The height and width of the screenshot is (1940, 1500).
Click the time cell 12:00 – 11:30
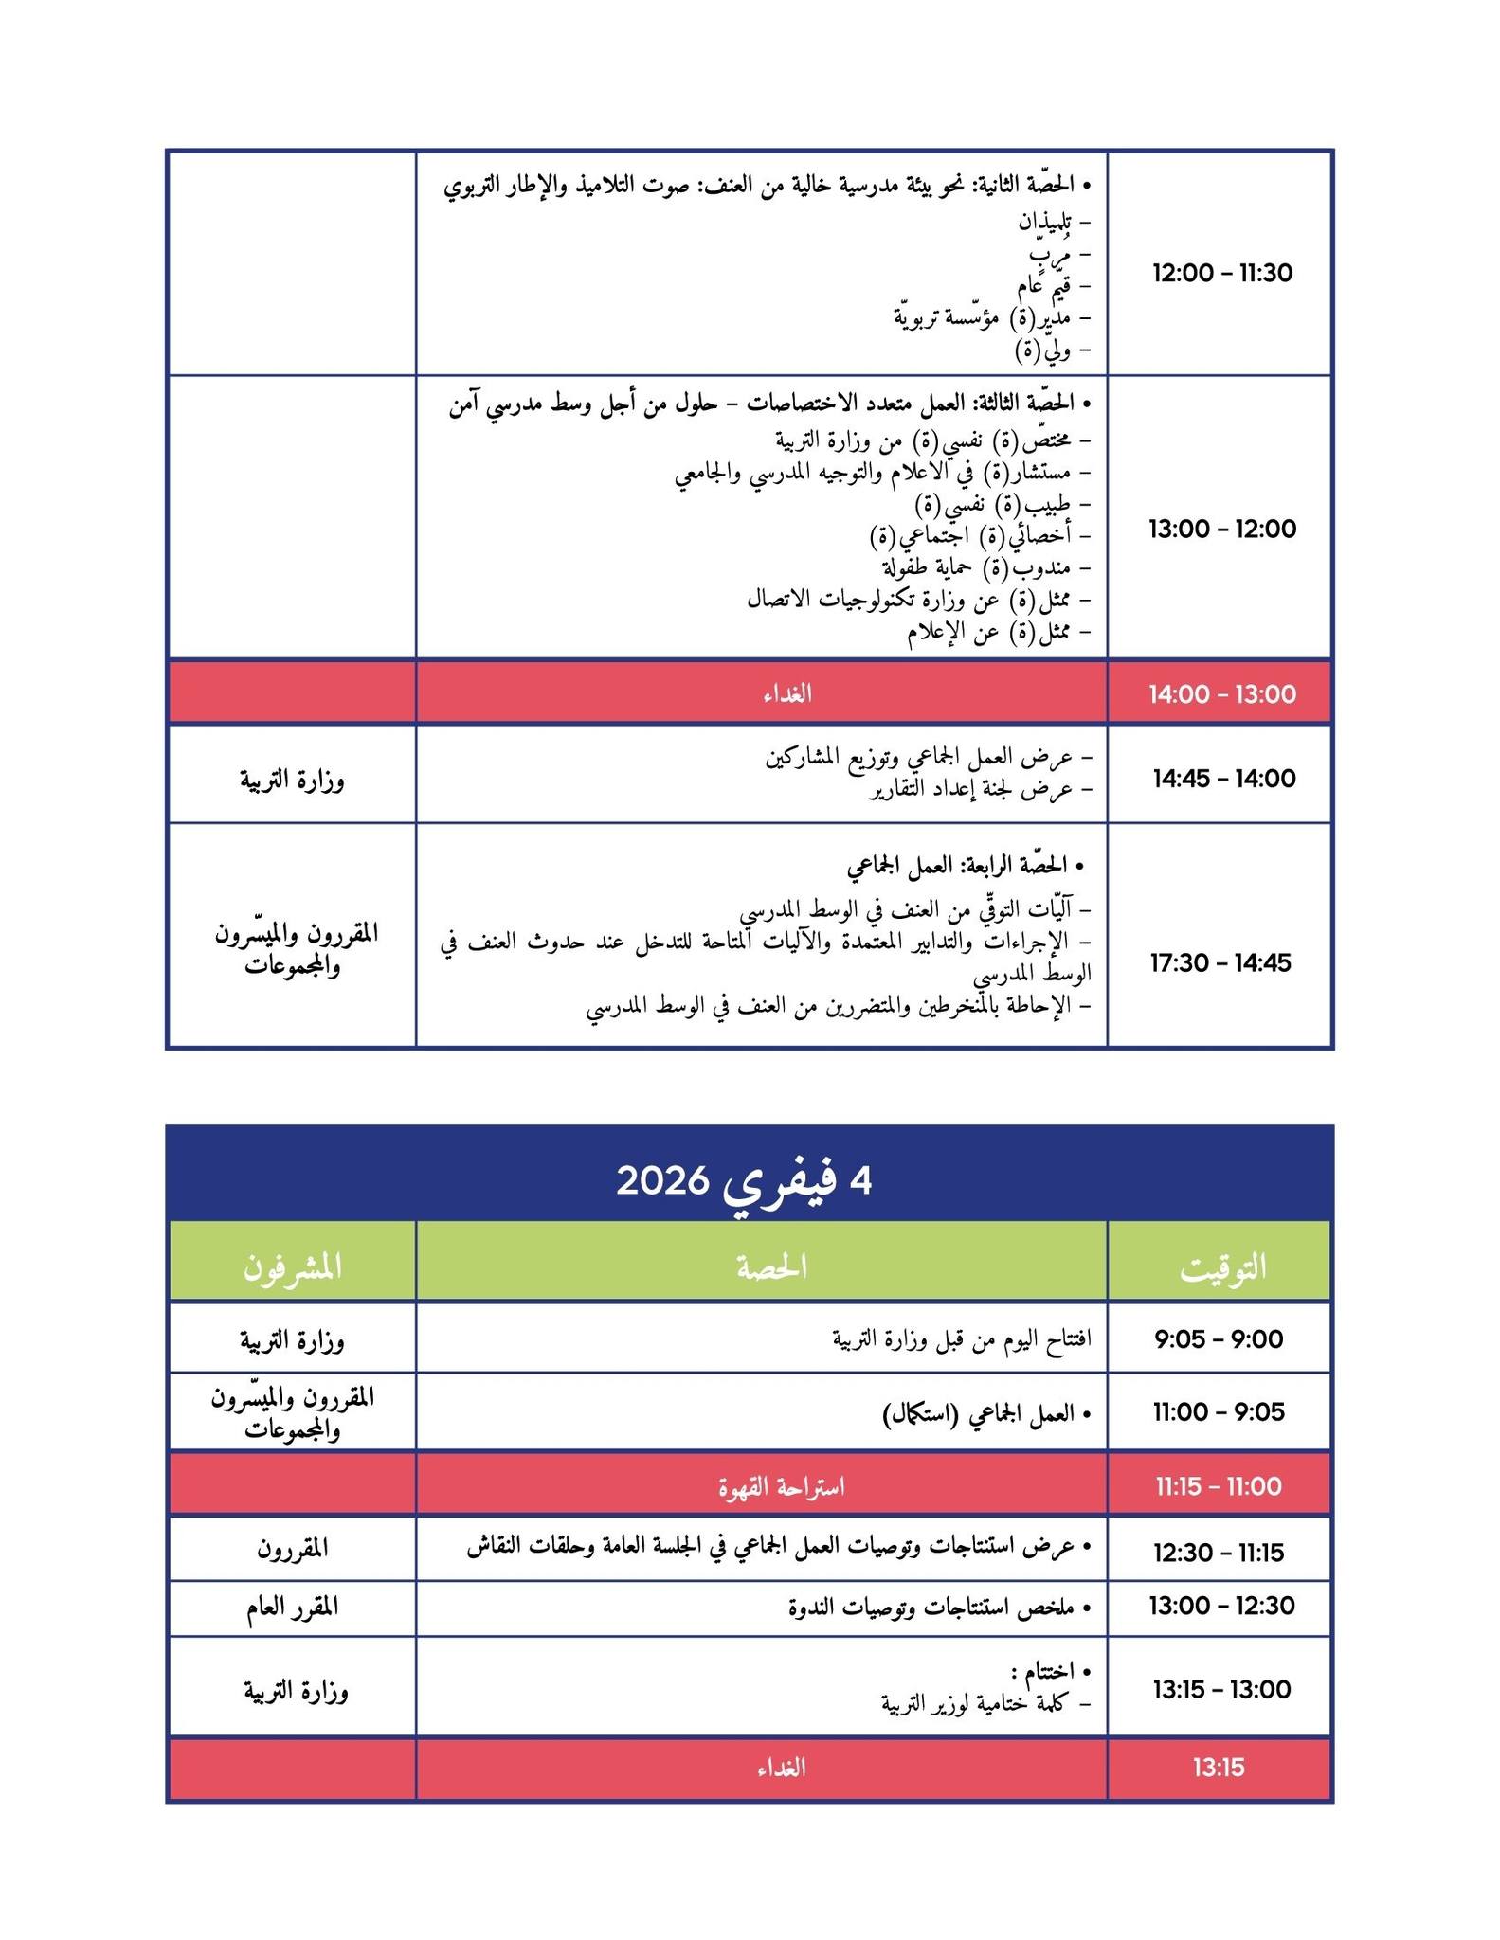1221,274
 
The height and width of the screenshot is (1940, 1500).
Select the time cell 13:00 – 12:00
1221,529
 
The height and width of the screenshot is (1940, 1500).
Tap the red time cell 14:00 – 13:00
1221,694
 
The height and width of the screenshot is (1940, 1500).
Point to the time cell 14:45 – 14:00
1221,779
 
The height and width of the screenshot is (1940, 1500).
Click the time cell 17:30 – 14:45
1221,962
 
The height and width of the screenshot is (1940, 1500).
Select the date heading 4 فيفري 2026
745,1181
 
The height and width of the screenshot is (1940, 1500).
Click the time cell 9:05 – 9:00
1219,1339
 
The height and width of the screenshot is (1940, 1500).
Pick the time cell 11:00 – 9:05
1219,1412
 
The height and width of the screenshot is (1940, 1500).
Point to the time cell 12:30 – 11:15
1219,1553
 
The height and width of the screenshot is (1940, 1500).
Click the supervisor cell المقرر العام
292,1608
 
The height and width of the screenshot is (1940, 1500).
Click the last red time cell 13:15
1219,1768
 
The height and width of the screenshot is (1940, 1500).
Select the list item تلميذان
1046,223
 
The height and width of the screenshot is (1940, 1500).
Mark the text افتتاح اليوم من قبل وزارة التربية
962,1339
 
